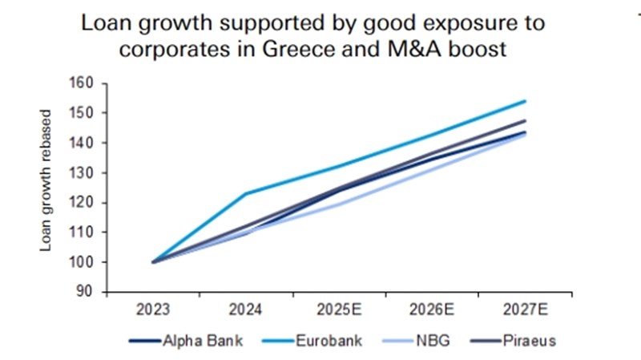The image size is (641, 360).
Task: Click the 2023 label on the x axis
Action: pos(153,309)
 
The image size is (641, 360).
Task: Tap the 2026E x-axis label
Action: pos(432,309)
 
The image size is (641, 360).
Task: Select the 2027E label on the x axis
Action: pos(525,309)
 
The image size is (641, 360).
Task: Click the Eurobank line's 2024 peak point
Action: pos(246,193)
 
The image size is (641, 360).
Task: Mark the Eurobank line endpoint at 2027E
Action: pos(525,101)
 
